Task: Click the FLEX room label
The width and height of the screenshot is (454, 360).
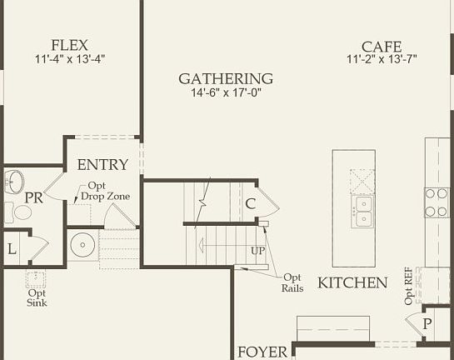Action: click(x=71, y=44)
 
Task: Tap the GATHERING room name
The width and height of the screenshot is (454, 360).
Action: click(x=226, y=78)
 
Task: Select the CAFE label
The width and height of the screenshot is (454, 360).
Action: click(x=382, y=47)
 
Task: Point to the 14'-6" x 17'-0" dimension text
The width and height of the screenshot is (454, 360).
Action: click(x=226, y=92)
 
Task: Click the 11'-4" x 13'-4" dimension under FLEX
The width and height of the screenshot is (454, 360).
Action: click(x=70, y=59)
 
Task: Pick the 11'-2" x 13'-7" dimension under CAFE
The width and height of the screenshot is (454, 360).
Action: click(x=382, y=60)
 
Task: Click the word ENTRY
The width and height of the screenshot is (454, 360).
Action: click(x=102, y=165)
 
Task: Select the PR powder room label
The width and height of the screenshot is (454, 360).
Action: click(x=33, y=198)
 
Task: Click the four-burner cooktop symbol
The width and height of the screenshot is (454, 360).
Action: click(x=437, y=202)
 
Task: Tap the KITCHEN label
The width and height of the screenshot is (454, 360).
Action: click(x=352, y=282)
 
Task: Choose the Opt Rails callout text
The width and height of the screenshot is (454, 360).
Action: click(x=292, y=282)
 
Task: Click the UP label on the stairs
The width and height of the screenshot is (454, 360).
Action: click(x=257, y=251)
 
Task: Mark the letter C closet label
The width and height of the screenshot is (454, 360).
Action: click(x=250, y=203)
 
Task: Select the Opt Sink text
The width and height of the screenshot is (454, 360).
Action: click(x=37, y=297)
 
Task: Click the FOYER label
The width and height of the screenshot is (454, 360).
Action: click(x=262, y=351)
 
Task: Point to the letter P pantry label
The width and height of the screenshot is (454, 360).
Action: click(x=427, y=323)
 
